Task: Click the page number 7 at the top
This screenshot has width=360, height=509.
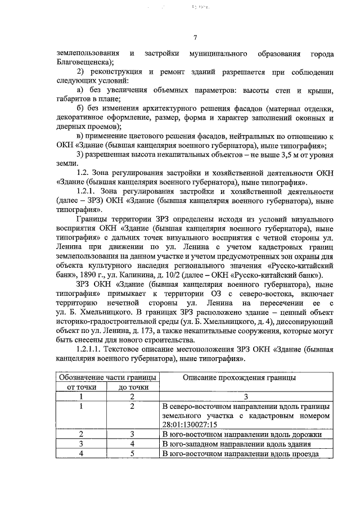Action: point(195,38)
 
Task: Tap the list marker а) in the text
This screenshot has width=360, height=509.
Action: point(80,91)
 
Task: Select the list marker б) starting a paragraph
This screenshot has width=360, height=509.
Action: point(80,109)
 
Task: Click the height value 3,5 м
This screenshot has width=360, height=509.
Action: point(259,155)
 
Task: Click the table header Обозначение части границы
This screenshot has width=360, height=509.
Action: point(107,377)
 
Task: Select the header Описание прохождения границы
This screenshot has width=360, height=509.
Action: point(241,377)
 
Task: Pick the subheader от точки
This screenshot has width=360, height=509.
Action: point(82,387)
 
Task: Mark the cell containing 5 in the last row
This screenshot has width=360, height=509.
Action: point(133,453)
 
